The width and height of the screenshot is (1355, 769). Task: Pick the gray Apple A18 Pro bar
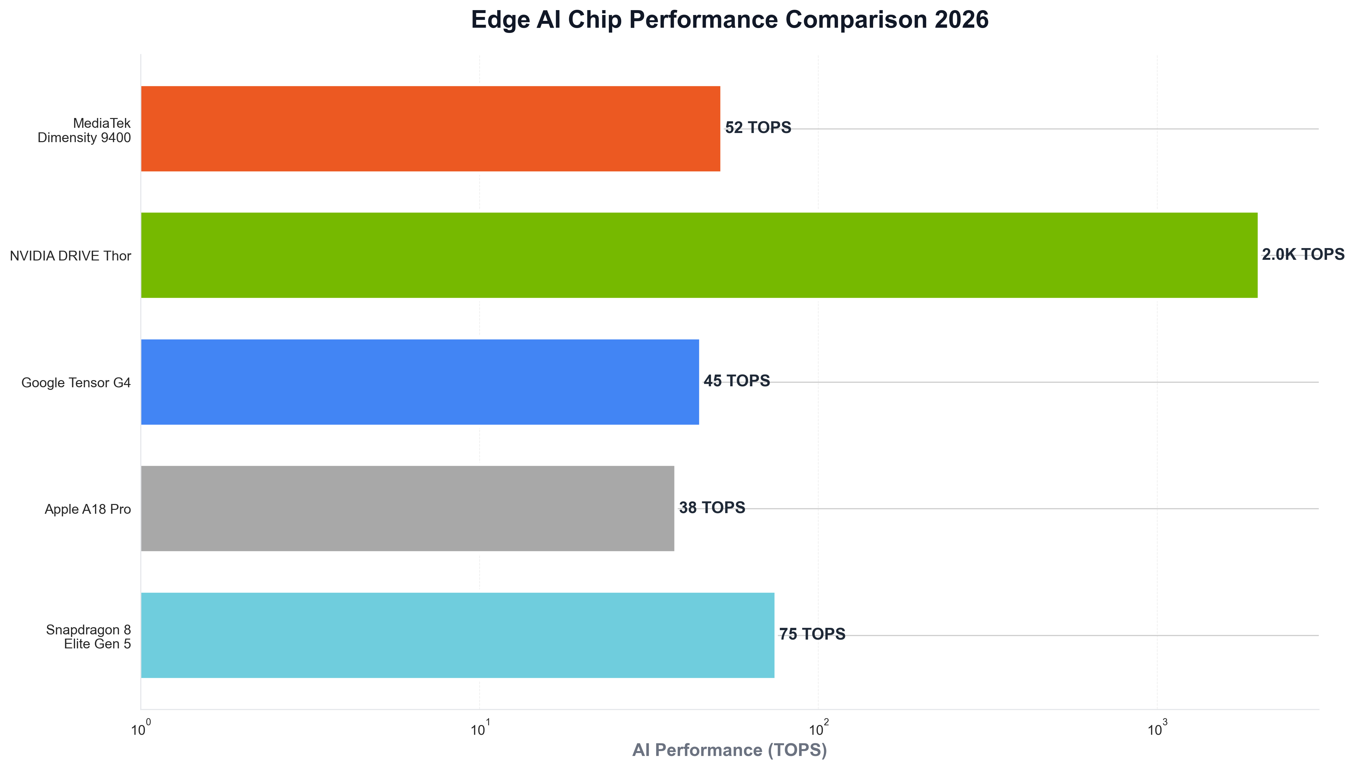point(408,509)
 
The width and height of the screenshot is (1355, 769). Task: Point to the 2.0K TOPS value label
point(1303,255)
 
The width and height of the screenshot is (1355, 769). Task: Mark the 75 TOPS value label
point(812,634)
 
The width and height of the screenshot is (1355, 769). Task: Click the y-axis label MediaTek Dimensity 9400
point(84,130)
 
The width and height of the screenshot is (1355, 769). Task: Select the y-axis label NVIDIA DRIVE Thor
point(70,256)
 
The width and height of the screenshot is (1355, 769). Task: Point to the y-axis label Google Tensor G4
point(76,383)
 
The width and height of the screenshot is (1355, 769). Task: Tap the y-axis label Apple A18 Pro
point(88,510)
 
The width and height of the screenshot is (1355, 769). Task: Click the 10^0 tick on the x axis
point(141,729)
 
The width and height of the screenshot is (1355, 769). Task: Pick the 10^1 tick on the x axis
point(479,729)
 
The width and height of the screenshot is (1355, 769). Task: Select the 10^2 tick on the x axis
point(818,729)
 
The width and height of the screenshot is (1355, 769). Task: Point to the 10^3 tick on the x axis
point(1157,729)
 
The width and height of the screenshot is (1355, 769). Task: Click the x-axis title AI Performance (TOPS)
point(729,750)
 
